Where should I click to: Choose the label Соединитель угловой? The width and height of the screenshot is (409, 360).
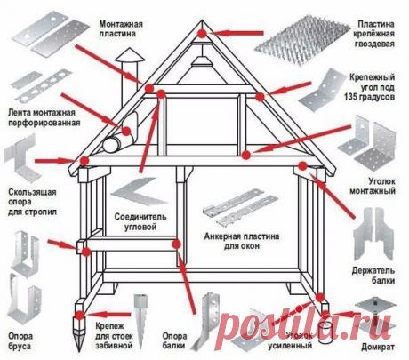pos(136,223)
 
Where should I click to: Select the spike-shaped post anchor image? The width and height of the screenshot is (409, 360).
pos(143,308)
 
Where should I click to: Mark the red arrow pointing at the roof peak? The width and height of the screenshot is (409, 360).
pos(233,33)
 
